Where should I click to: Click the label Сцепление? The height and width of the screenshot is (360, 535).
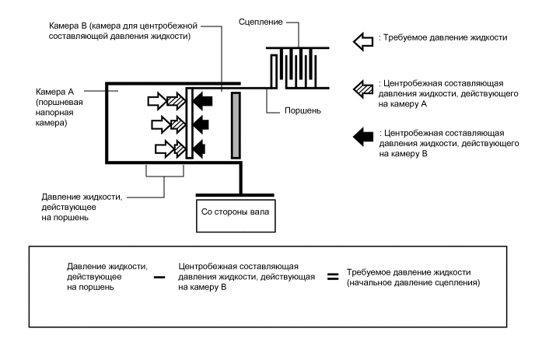click(x=261, y=23)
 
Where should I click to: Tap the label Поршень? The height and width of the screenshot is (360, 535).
click(x=302, y=110)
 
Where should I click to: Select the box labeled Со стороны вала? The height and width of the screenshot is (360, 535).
click(x=236, y=216)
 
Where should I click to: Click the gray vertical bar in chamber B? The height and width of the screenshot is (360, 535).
click(x=236, y=125)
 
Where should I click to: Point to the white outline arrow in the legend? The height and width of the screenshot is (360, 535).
click(x=363, y=42)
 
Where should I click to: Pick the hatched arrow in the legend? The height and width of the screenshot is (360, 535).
click(x=363, y=89)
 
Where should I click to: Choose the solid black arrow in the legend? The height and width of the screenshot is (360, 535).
click(x=363, y=137)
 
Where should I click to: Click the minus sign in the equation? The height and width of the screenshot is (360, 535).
click(x=159, y=277)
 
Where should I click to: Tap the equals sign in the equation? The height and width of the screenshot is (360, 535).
click(x=333, y=276)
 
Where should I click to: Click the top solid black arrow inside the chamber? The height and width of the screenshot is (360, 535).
click(x=202, y=101)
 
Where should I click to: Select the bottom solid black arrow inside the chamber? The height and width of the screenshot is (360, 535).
click(x=199, y=149)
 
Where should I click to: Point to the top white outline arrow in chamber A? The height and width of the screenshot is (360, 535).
click(x=158, y=101)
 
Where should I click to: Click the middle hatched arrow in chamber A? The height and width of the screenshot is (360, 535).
click(x=177, y=125)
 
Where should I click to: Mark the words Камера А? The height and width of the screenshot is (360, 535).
click(x=54, y=92)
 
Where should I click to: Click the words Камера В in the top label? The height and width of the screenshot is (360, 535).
click(x=68, y=26)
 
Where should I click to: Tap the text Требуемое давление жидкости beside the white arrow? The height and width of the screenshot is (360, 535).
click(x=446, y=37)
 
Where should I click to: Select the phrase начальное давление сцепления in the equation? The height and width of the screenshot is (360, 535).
click(x=413, y=283)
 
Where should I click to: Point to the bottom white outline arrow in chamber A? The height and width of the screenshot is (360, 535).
click(x=165, y=149)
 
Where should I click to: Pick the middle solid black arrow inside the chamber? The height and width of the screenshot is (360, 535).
click(x=201, y=125)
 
